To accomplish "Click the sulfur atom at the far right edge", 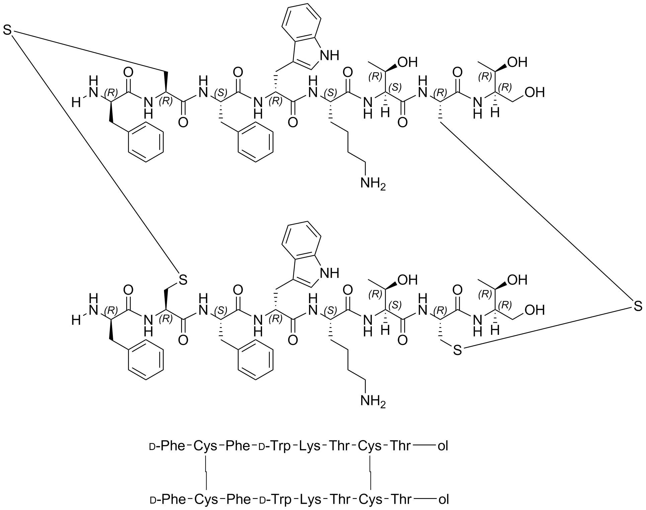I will tap(638, 306).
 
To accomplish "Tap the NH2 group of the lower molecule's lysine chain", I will tap(373, 400).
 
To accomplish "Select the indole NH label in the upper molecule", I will tap(330, 55).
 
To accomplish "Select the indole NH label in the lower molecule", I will tap(330, 273).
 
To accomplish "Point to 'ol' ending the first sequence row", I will tap(443, 446).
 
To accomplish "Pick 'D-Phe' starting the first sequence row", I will tap(167, 446).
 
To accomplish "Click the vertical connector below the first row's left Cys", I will tap(206, 472).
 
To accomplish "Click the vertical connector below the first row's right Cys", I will tap(370, 472).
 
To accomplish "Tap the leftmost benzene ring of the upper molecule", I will tap(146, 142).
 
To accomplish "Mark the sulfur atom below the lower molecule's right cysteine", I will tap(457, 351).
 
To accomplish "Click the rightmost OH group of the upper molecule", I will tap(535, 92).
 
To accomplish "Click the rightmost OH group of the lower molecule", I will tap(535, 310).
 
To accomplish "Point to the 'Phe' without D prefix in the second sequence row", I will tap(238, 499).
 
